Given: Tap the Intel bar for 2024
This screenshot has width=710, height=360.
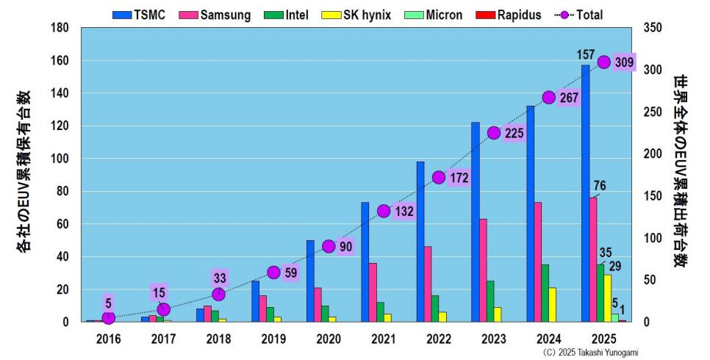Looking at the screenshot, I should point(545,293).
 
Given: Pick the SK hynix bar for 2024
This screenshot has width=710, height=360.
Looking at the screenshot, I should point(553,304).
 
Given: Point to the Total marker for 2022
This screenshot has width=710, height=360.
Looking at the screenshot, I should point(439,177).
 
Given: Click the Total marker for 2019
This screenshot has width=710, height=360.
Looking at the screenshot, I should point(273,273).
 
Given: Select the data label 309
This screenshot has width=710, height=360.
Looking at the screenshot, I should point(624,62).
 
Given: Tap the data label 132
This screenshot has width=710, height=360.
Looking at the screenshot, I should point(404,212).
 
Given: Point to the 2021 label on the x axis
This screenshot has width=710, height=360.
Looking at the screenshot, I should point(384,339).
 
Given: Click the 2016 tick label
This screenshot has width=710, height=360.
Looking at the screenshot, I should point(108,339).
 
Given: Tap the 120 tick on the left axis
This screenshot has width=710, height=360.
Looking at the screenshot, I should point(60,126).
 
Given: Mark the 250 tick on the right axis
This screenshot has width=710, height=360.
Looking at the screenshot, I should point(653,112).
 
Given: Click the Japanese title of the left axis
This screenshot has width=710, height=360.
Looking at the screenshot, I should point(24,173).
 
